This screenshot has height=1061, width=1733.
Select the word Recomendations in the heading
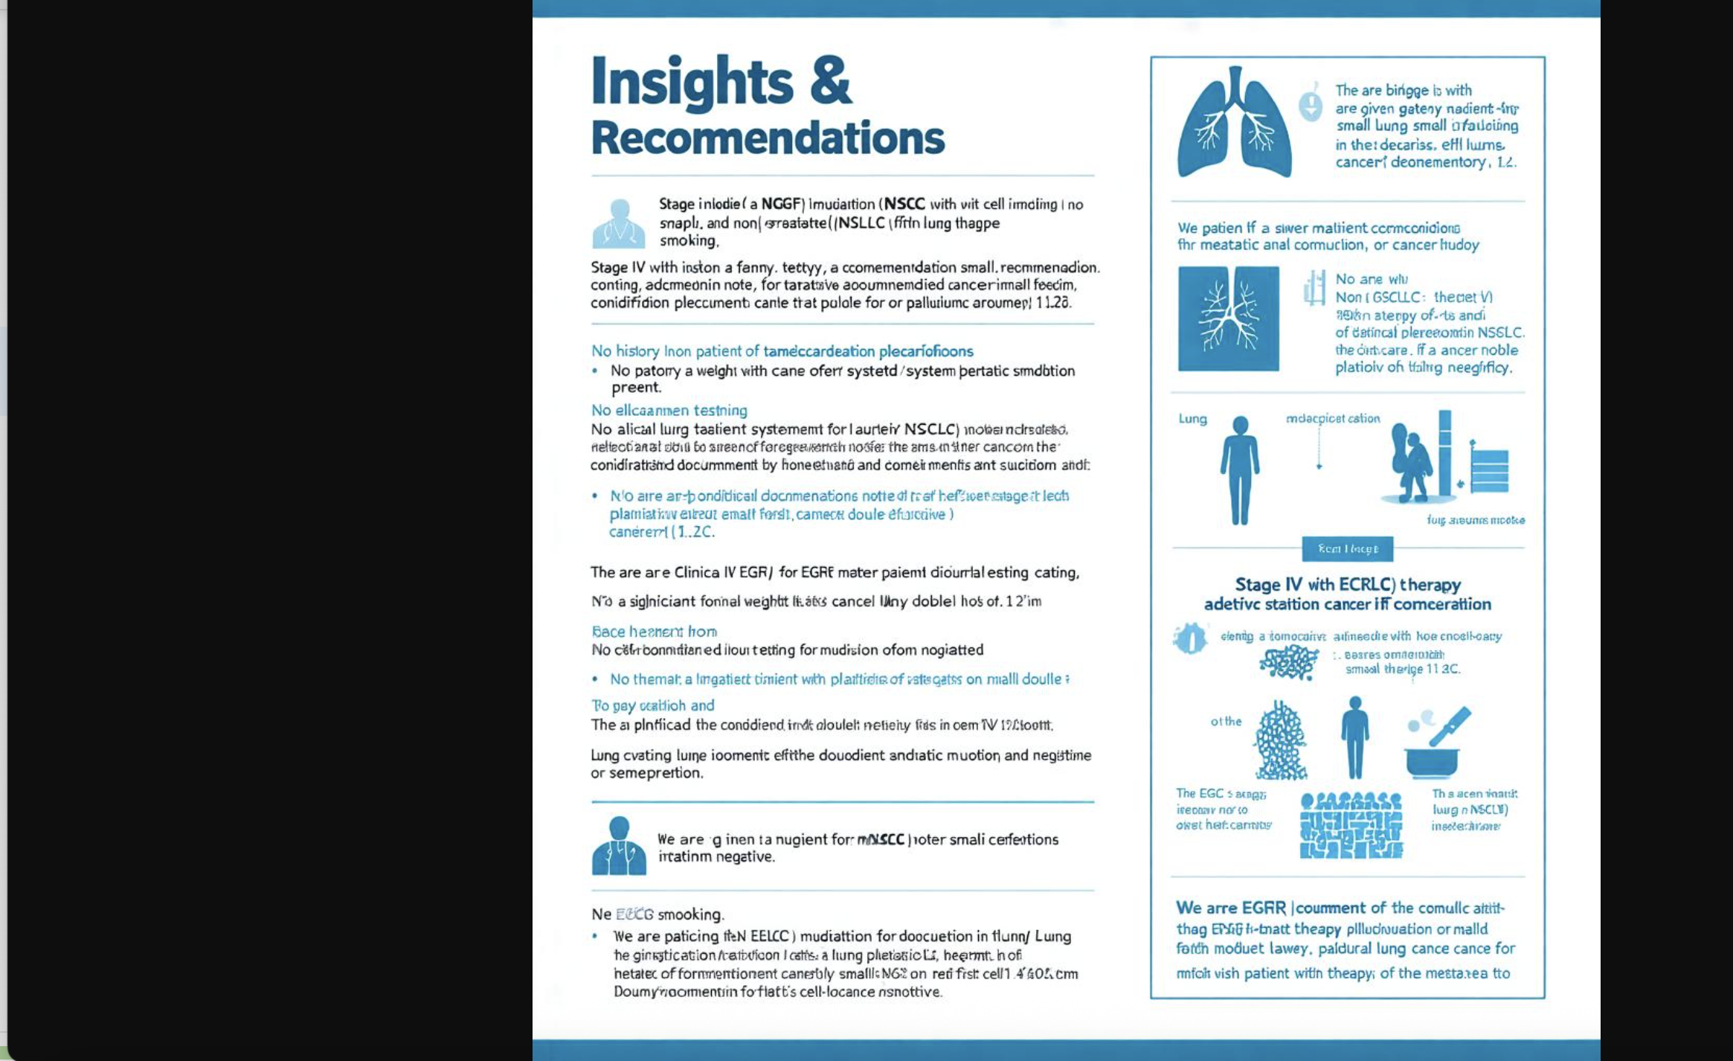click(767, 138)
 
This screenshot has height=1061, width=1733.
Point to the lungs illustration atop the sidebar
click(1235, 124)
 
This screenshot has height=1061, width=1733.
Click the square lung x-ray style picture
click(1228, 318)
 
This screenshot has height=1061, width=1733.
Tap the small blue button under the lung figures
click(1347, 549)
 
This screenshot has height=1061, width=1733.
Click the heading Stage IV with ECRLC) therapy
click(1347, 585)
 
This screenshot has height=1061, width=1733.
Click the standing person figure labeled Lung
click(1239, 470)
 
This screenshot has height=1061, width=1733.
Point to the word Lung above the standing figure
click(1192, 419)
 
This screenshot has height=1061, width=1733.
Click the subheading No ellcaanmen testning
click(669, 410)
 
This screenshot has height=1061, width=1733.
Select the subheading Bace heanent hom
click(654, 632)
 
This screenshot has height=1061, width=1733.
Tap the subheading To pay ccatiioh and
click(652, 705)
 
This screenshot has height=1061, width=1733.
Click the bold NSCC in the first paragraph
click(904, 204)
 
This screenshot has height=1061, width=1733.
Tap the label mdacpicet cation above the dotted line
click(1332, 419)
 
